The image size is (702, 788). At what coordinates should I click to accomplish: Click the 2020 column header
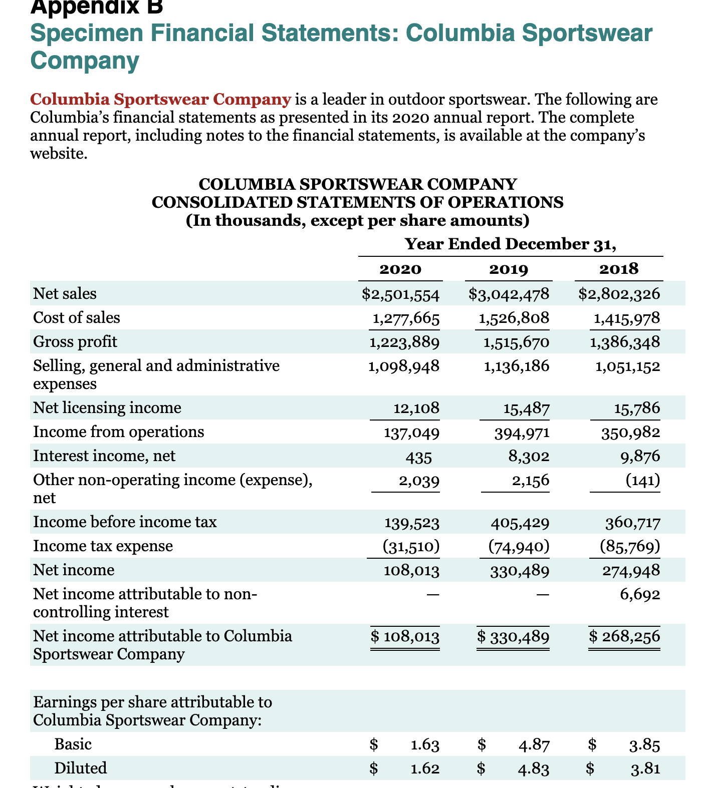(400, 269)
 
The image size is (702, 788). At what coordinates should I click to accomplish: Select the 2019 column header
(509, 269)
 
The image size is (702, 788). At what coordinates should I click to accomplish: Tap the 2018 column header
(619, 269)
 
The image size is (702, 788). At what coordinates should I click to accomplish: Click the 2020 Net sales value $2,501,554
(401, 294)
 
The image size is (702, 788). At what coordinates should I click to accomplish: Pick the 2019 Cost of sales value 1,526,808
(514, 318)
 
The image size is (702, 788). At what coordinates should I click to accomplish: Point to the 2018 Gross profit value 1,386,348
(625, 342)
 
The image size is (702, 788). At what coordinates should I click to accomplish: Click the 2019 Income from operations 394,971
(522, 432)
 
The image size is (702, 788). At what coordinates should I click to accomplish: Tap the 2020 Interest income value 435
(420, 456)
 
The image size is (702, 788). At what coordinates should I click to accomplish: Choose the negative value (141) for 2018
(643, 480)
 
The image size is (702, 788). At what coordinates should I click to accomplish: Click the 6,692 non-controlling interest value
(640, 594)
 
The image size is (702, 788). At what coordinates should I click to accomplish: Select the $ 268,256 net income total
(624, 636)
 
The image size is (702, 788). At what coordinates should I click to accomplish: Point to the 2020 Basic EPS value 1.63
(425, 744)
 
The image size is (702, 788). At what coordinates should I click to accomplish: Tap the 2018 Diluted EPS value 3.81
(645, 768)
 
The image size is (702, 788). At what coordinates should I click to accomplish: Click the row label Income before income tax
(125, 522)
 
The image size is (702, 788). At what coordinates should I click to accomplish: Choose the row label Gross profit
(75, 342)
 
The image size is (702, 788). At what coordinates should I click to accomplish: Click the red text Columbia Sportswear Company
(160, 99)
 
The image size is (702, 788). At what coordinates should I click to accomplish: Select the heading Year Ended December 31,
(510, 244)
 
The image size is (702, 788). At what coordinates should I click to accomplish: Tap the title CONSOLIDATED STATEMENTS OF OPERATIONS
(357, 202)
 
